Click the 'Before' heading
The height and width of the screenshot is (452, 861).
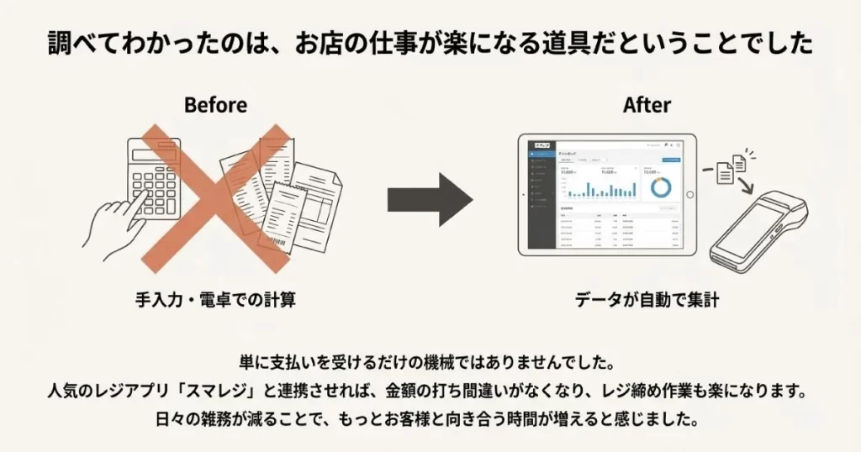(x=215, y=105)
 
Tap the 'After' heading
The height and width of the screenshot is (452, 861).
(x=647, y=105)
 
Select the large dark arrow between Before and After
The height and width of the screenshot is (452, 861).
(x=430, y=201)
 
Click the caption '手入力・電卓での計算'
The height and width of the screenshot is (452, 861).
(x=215, y=298)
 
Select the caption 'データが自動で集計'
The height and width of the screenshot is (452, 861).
(x=647, y=299)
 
